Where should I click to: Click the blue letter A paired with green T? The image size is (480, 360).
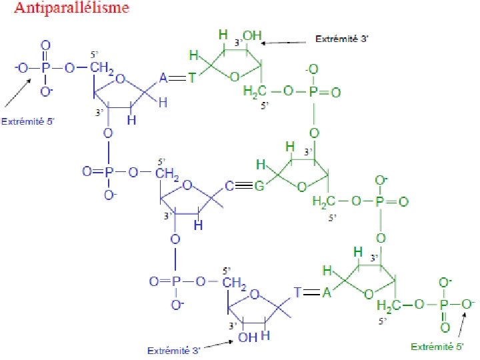[x=163, y=79]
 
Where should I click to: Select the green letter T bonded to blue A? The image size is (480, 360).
[x=191, y=79]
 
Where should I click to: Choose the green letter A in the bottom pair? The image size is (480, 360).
[x=327, y=292]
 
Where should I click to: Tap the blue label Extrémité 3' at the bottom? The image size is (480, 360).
[x=174, y=349]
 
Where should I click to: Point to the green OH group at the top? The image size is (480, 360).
[x=253, y=35]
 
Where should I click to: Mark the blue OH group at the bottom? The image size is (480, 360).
[x=247, y=337]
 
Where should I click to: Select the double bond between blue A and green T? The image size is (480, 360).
[x=177, y=79]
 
